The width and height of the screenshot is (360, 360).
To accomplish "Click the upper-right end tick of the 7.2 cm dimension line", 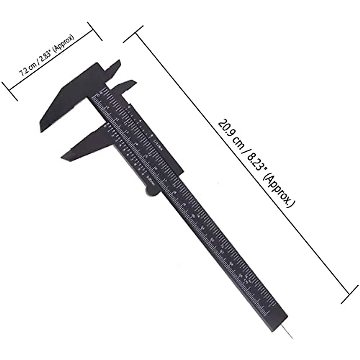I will click(x=95, y=31).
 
